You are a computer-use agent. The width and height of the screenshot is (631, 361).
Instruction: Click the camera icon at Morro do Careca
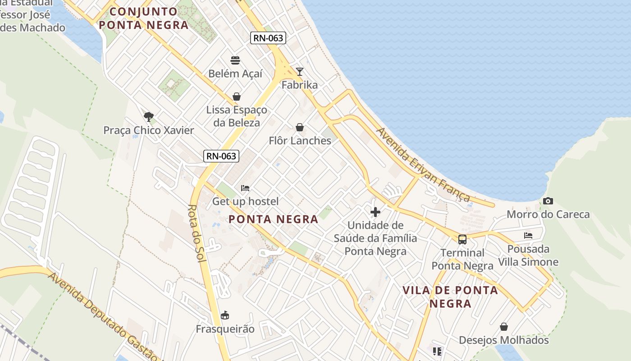pyautogui.click(x=548, y=201)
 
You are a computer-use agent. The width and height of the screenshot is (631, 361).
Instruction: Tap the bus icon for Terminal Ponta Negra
pyautogui.click(x=462, y=239)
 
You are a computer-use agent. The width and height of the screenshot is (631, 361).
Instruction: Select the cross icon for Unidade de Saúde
pyautogui.click(x=375, y=212)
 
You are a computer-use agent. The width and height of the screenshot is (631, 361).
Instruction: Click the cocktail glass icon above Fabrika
pyautogui.click(x=300, y=72)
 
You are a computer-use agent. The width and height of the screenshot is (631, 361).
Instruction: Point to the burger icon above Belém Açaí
pyautogui.click(x=235, y=60)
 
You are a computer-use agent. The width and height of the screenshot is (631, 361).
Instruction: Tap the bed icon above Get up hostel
pyautogui.click(x=245, y=188)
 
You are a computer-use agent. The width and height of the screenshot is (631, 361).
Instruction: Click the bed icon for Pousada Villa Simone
pyautogui.click(x=528, y=236)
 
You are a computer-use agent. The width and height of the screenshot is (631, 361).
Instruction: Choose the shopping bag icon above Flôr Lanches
pyautogui.click(x=300, y=128)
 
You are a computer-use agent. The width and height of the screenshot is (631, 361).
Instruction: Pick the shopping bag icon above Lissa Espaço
pyautogui.click(x=237, y=97)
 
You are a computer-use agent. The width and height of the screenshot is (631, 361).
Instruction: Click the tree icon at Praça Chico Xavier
pyautogui.click(x=149, y=117)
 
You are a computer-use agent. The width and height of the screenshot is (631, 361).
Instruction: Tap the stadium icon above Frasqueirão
pyautogui.click(x=225, y=315)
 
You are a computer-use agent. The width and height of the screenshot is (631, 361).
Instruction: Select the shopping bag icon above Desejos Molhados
pyautogui.click(x=504, y=327)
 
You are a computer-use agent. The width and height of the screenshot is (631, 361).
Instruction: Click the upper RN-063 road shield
pyautogui.click(x=268, y=38)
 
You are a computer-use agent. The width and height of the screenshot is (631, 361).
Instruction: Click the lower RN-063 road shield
pyautogui.click(x=221, y=156)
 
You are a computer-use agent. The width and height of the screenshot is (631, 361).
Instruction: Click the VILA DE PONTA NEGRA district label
pyautogui.click(x=450, y=296)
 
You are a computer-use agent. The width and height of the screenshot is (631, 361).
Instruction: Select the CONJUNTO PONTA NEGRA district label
pyautogui.click(x=143, y=18)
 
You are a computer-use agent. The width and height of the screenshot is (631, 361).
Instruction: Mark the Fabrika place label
pyautogui.click(x=300, y=85)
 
